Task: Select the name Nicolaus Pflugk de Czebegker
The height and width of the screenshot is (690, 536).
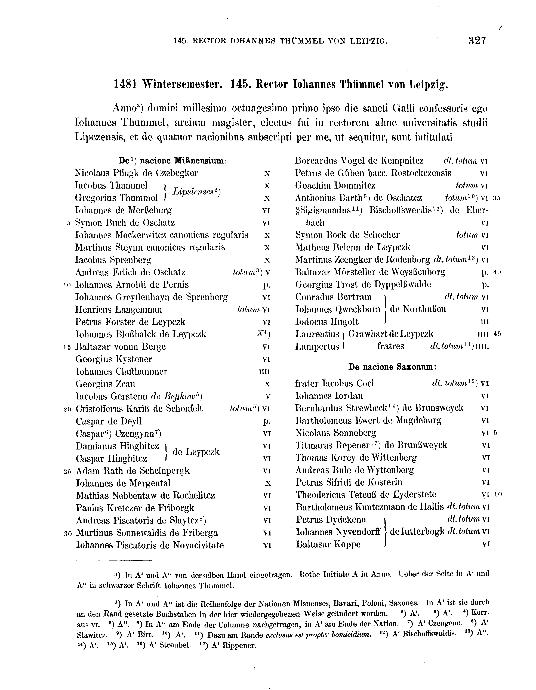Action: click(136, 173)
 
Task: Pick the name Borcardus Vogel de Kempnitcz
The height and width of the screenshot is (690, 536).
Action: click(359, 161)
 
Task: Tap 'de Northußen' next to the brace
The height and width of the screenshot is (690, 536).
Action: click(418, 309)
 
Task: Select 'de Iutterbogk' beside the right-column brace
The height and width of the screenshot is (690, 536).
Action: click(418, 532)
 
